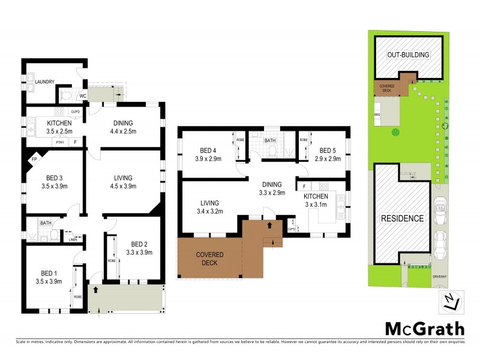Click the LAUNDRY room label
point(45,82)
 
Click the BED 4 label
point(209,151)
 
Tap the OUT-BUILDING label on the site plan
point(408,55)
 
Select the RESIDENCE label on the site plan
point(402,218)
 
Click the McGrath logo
point(424,328)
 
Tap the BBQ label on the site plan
point(377,113)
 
